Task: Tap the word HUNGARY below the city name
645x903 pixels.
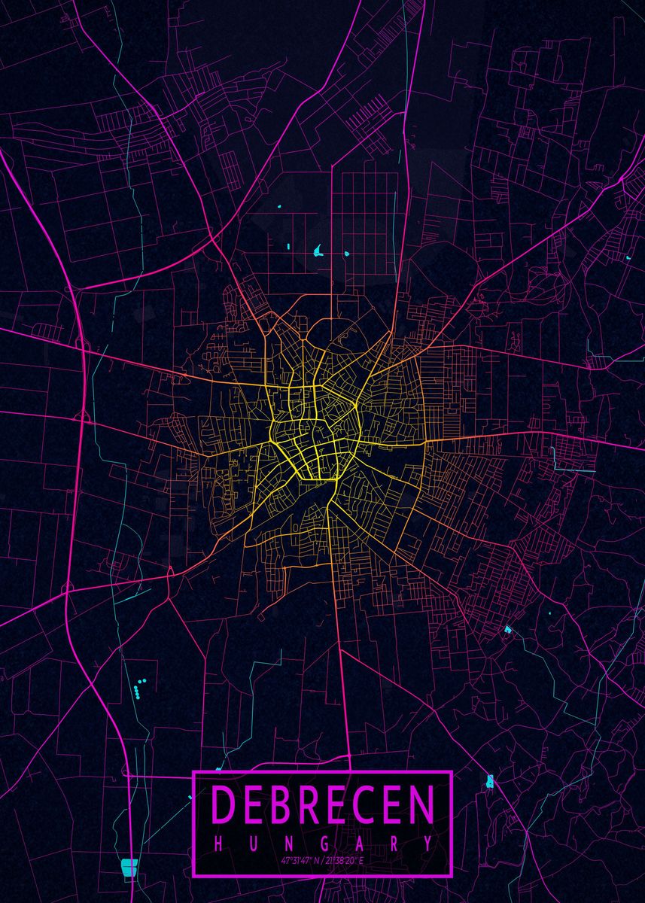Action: pyautogui.click(x=322, y=844)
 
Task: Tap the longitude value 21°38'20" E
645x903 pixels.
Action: pyautogui.click(x=346, y=859)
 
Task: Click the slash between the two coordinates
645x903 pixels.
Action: pyautogui.click(x=321, y=859)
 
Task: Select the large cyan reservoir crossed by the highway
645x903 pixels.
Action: pyautogui.click(x=129, y=867)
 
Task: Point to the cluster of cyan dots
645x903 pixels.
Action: pyautogui.click(x=138, y=686)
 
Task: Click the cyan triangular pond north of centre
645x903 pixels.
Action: pyautogui.click(x=318, y=250)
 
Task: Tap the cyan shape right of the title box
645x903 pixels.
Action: pyautogui.click(x=490, y=781)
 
